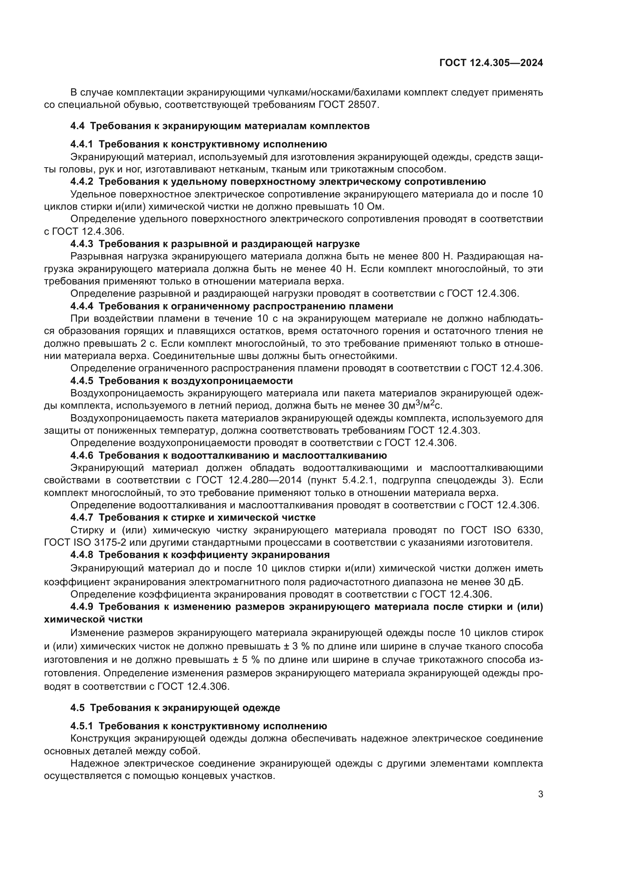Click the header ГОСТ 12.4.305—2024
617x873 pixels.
pos(491,63)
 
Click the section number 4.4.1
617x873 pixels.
pos(81,144)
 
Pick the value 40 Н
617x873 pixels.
pos(341,269)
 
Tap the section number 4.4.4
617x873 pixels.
pos(81,306)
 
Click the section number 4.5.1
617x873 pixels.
pos(81,726)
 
